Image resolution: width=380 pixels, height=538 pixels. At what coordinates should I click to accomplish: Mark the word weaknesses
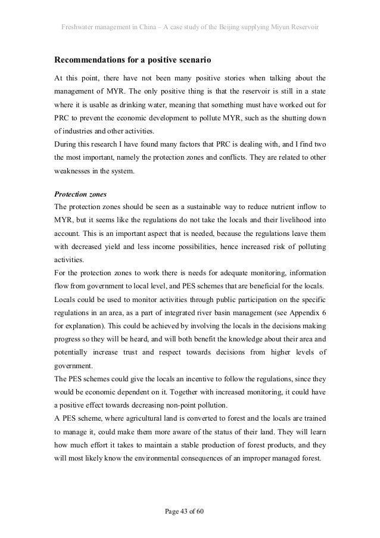pos(74,172)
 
